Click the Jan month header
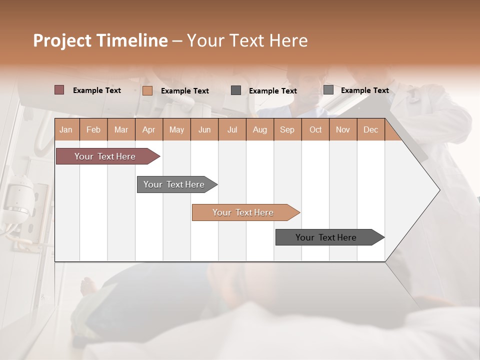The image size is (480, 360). [x=66, y=129]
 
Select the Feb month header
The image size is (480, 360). [x=93, y=129]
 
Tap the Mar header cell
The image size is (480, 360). [x=121, y=129]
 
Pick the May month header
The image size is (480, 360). [x=176, y=129]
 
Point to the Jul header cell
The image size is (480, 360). [x=232, y=129]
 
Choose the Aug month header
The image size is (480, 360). [x=260, y=129]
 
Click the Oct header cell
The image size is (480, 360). [x=315, y=129]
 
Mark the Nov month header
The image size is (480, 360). [x=343, y=129]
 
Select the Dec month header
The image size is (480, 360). [x=370, y=129]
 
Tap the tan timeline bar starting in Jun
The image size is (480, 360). [x=243, y=212]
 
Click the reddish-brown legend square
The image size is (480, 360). [x=59, y=90]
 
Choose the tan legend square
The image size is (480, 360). [x=147, y=90]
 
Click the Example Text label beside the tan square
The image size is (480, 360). [x=185, y=91]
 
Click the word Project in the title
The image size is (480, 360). [x=62, y=40]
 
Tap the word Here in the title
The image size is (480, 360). [x=288, y=40]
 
